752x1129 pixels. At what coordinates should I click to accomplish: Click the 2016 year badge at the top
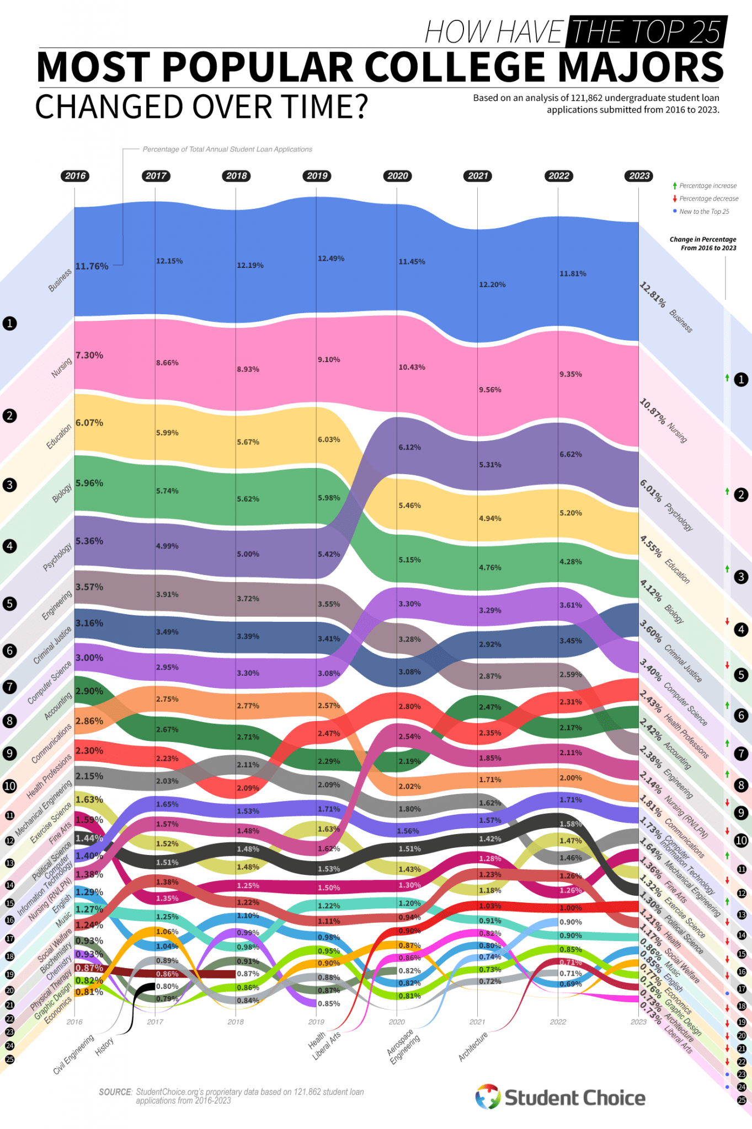pyautogui.click(x=75, y=176)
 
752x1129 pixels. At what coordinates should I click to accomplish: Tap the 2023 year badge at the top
pyautogui.click(x=639, y=176)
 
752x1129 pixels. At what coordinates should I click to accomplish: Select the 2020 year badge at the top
pyautogui.click(x=397, y=176)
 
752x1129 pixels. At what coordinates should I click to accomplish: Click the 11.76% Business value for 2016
pyautogui.click(x=92, y=266)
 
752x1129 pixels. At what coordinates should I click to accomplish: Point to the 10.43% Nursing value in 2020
pyautogui.click(x=412, y=367)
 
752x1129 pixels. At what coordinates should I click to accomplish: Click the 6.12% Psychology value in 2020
pyautogui.click(x=409, y=447)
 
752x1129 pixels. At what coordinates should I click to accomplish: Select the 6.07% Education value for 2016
pyautogui.click(x=89, y=423)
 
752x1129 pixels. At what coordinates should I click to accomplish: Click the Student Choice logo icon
pyautogui.click(x=488, y=1097)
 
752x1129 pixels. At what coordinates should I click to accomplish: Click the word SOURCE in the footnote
pyautogui.click(x=115, y=1092)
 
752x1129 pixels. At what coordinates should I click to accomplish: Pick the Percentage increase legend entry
pyautogui.click(x=707, y=186)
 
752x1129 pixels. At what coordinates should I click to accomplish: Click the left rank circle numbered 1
pyautogui.click(x=9, y=324)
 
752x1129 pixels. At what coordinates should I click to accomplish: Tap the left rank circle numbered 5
pyautogui.click(x=9, y=604)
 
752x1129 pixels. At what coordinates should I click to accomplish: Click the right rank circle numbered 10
pyautogui.click(x=741, y=841)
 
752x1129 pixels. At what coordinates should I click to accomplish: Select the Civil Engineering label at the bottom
pyautogui.click(x=73, y=1055)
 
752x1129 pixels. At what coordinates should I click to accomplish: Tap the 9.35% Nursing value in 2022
pyautogui.click(x=570, y=374)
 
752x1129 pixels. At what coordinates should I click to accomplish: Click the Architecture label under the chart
pyautogui.click(x=473, y=1046)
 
